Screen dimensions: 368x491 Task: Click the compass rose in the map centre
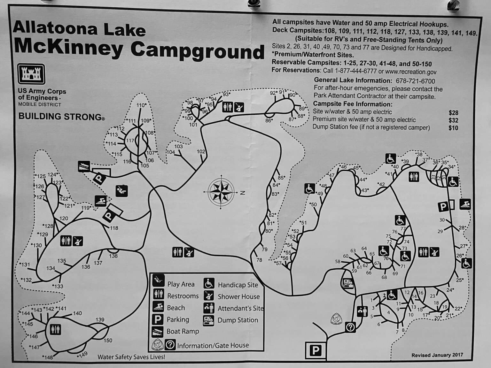221,192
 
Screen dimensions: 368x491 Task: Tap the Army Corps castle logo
31,74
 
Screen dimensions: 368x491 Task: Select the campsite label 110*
141,105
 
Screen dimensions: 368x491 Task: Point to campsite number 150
108,341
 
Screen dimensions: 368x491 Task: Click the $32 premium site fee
453,120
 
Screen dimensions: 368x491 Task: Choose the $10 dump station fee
453,128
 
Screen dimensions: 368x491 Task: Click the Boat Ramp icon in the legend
158,331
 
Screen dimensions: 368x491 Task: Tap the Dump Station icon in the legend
208,320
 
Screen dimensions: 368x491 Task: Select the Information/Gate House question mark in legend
170,345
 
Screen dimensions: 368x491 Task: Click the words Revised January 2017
437,355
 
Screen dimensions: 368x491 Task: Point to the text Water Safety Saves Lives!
131,357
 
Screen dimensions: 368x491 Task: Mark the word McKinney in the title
68,48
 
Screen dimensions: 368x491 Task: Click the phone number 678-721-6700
415,81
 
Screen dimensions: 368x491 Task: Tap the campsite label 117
130,141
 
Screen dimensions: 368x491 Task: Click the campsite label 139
100,319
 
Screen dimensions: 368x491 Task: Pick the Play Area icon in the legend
158,281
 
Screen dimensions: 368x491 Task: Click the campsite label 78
259,260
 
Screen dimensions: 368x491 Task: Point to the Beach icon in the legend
158,307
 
